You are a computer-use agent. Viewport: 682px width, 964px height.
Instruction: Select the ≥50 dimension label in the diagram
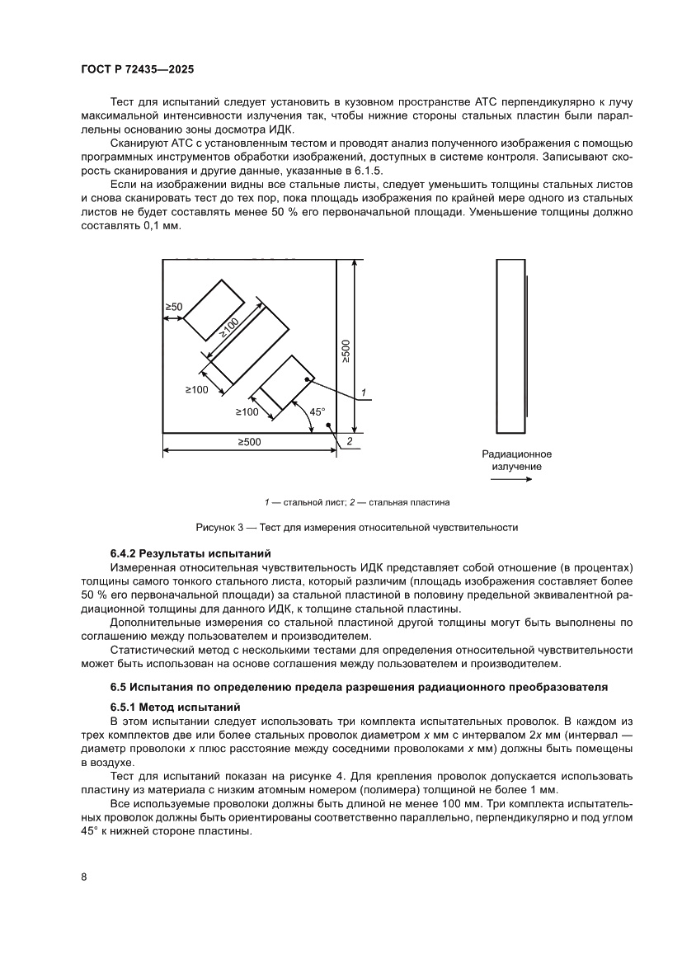(173, 307)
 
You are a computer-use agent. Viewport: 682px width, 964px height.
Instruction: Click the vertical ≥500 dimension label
(346, 350)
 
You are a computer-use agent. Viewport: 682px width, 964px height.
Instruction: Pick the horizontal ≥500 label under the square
(249, 443)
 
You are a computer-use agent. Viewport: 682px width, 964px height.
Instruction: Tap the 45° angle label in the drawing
(317, 411)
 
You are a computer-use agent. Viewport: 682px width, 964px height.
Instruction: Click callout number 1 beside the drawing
(363, 392)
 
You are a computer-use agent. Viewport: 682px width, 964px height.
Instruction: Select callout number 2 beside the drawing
(350, 443)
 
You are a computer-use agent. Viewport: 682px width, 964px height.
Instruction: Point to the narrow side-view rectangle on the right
(510, 346)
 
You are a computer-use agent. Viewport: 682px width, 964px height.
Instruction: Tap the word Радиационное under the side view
(517, 454)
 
